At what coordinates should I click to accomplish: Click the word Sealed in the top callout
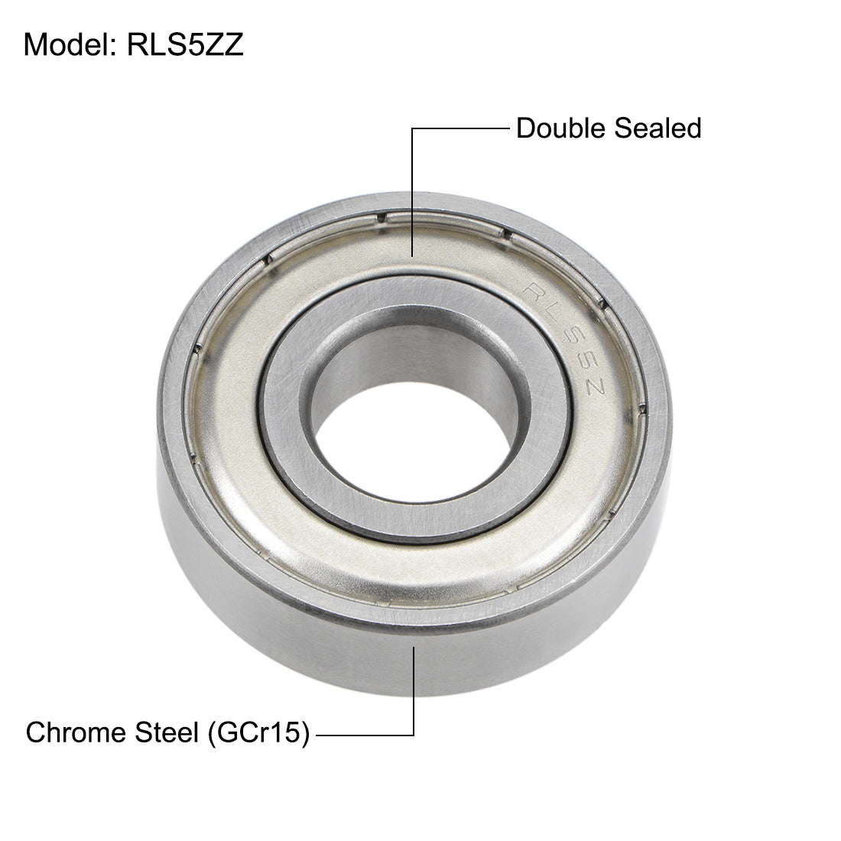coord(658,128)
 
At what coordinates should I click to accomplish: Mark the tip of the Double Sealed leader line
coord(413,255)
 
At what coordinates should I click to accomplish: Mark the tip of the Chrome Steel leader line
coord(414,648)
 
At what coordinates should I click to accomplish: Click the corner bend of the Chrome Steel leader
coord(414,735)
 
